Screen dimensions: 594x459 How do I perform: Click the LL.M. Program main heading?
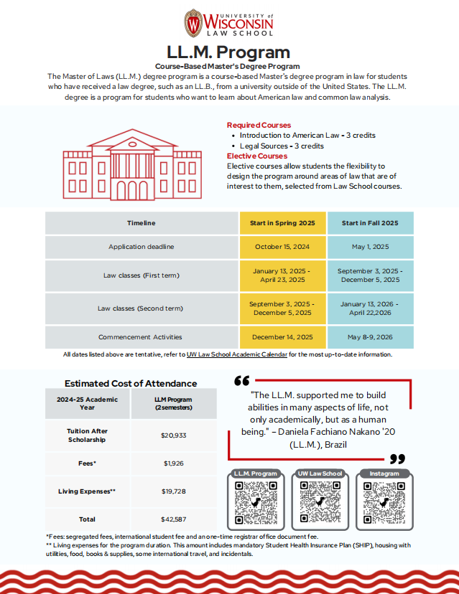pos(228,52)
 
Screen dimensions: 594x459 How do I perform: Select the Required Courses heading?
pos(259,125)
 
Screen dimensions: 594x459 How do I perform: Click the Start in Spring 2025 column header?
pos(282,223)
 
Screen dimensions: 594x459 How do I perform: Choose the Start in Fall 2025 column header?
pos(370,223)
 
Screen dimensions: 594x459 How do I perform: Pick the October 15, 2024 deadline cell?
pos(282,247)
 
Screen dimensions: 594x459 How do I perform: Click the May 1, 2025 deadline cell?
pos(370,247)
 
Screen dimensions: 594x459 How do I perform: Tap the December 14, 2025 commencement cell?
pos(282,336)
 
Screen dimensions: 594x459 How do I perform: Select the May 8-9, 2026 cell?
pos(370,336)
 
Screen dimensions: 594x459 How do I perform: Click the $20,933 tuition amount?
pos(174,435)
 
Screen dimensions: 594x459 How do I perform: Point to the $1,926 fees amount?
pos(174,463)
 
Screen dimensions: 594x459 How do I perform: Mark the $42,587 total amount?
pos(174,519)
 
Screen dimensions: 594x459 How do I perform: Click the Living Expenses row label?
pos(87,491)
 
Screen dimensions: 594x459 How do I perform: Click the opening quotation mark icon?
pos(241,380)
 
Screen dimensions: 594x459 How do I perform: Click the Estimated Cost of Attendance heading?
pos(131,383)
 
